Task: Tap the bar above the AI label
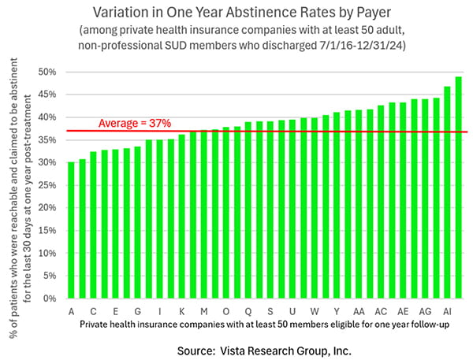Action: click(x=448, y=192)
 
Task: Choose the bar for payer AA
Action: click(x=359, y=204)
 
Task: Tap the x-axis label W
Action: click(x=315, y=311)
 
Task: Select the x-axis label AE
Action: click(x=403, y=311)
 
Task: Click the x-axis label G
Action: click(x=138, y=311)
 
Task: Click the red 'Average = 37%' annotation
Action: click(x=134, y=123)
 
